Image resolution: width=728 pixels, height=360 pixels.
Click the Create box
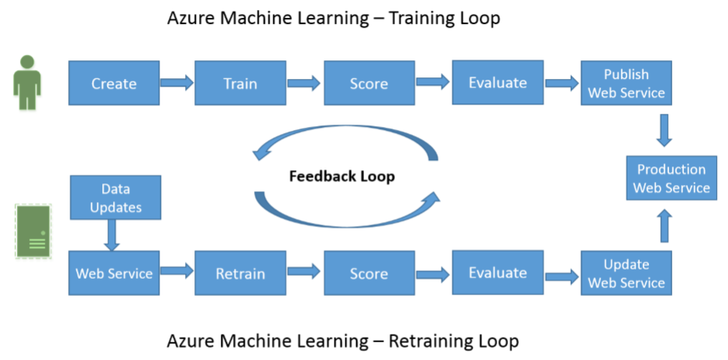pyautogui.click(x=114, y=84)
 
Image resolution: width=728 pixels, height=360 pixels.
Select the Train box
pyautogui.click(x=240, y=84)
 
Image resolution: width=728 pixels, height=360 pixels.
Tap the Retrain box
pyautogui.click(x=240, y=273)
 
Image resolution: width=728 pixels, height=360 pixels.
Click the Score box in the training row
pyautogui.click(x=369, y=84)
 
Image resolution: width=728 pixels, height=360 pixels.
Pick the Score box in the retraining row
pyautogui.click(x=369, y=273)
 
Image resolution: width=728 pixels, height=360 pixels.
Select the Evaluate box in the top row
pyautogui.click(x=497, y=83)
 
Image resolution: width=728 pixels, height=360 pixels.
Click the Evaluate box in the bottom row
pyautogui.click(x=497, y=273)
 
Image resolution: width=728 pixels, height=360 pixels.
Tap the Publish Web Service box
pyautogui.click(x=627, y=84)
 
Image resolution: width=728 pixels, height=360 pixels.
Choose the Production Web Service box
pyautogui.click(x=671, y=178)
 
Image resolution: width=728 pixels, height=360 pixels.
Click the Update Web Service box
pyautogui.click(x=627, y=273)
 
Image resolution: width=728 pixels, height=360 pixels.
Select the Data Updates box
pyautogui.click(x=115, y=197)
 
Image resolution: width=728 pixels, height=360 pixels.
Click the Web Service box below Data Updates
pyautogui.click(x=114, y=273)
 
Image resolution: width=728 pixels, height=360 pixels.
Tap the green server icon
pyautogui.click(x=33, y=231)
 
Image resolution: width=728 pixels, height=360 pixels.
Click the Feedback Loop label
pyautogui.click(x=342, y=177)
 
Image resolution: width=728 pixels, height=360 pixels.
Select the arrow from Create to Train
pyautogui.click(x=177, y=81)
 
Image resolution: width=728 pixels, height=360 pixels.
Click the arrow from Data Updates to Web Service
pyautogui.click(x=112, y=235)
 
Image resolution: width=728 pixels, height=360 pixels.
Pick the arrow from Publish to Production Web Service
pyautogui.click(x=664, y=130)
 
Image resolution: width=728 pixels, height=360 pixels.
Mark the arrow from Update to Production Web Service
pyautogui.click(x=664, y=228)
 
